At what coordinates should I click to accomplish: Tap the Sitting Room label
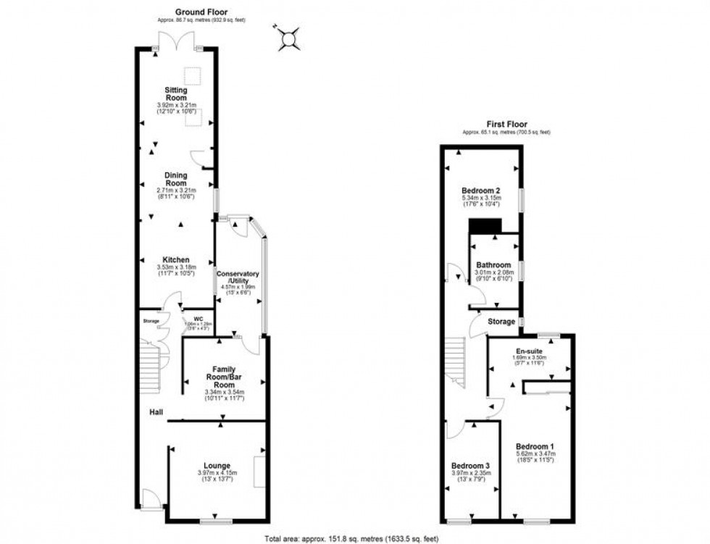point(176,94)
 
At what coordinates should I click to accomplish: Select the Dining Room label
point(176,180)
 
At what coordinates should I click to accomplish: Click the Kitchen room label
point(176,260)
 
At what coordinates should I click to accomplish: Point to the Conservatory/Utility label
point(239,277)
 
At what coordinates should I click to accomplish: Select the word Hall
point(156,412)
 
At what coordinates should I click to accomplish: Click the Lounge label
point(217,466)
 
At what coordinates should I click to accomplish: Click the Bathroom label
point(493,265)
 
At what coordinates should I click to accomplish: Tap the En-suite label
point(529,351)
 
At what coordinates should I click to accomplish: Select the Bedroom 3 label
point(470,465)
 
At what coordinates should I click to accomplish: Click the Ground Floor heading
point(201,12)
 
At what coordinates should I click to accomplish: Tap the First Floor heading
point(506,124)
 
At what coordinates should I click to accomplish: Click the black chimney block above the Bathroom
point(485,227)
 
